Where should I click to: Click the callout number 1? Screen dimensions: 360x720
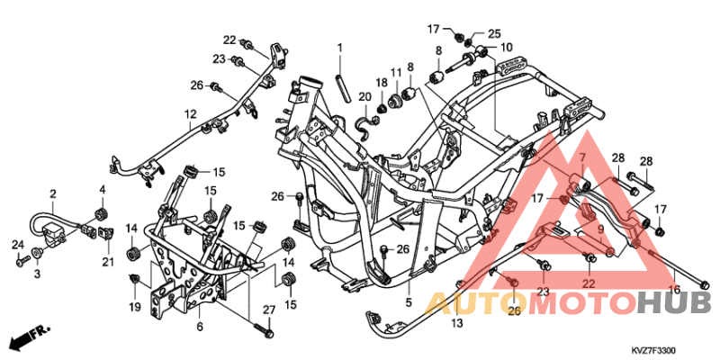(x=340, y=47)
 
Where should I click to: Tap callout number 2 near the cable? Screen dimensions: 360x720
(x=53, y=193)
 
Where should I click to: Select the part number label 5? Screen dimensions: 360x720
(x=408, y=302)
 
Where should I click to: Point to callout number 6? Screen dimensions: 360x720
(x=200, y=326)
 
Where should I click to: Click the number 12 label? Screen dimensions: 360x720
(x=191, y=115)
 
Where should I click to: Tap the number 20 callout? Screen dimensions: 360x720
(x=364, y=96)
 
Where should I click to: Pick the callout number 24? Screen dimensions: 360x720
(x=17, y=244)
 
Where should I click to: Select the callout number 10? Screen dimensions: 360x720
(x=507, y=47)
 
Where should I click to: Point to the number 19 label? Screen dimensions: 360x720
(x=135, y=307)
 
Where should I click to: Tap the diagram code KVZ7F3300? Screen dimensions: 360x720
(x=652, y=352)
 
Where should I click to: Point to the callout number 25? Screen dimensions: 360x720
(x=493, y=33)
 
